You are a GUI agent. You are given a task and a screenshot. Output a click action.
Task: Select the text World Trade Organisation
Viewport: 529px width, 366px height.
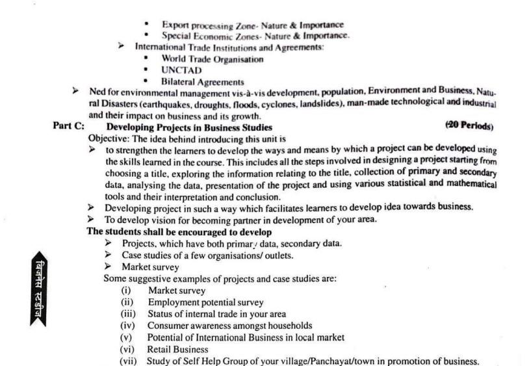pyautogui.click(x=213, y=59)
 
